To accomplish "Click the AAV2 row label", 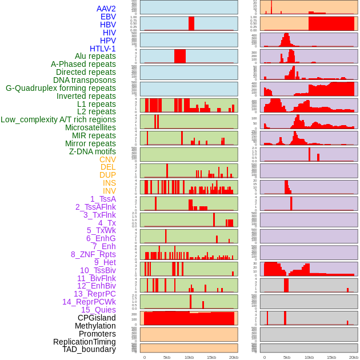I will click(x=106, y=9).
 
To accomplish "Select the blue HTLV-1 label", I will click(x=103, y=49).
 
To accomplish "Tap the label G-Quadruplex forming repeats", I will click(x=61, y=88).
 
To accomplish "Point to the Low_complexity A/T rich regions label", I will click(x=58, y=119).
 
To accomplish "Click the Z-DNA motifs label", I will click(x=93, y=151).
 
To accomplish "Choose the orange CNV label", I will click(x=107, y=159).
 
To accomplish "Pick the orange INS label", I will click(x=109, y=183).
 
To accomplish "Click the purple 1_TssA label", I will click(x=103, y=199).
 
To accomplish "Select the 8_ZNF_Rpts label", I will click(x=93, y=254).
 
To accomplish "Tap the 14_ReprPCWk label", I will click(x=89, y=302).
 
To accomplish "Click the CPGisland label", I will click(x=97, y=318).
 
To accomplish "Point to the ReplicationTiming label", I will click(x=85, y=342).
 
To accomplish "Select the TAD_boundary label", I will click(x=89, y=349).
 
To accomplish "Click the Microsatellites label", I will click(x=90, y=127).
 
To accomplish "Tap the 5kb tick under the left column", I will click(x=167, y=357).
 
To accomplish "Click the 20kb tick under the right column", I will click(x=354, y=357).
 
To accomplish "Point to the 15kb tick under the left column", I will click(x=211, y=357).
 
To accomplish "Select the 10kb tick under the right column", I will click(x=309, y=357).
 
